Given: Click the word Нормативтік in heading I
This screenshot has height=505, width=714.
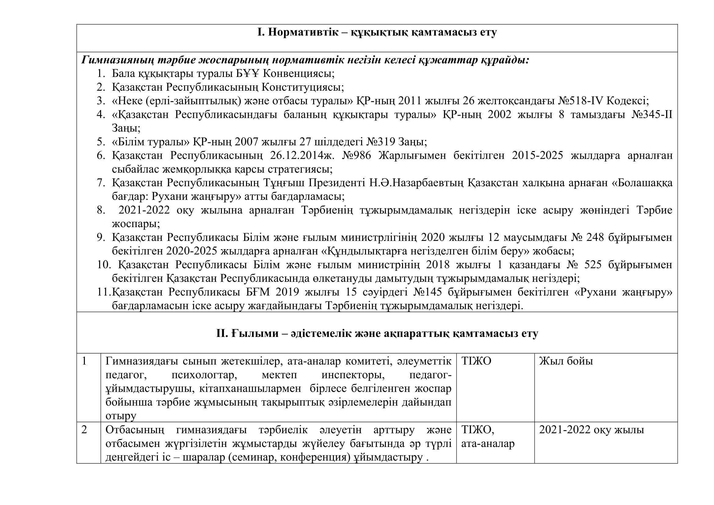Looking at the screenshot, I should (303, 32).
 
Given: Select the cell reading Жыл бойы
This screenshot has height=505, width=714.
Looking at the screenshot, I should (566, 361).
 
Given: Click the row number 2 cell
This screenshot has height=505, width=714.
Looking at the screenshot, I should (84, 430).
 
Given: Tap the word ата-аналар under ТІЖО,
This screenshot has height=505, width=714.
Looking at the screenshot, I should (488, 444).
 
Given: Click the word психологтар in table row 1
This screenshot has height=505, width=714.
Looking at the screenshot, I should (204, 375).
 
